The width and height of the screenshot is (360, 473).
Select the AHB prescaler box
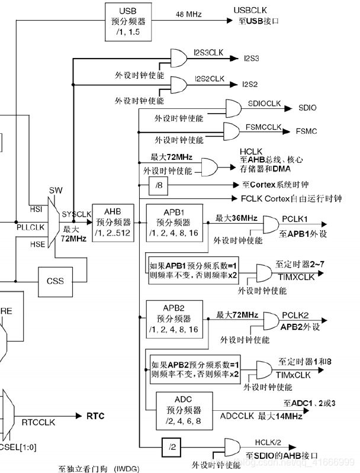pyautogui.click(x=112, y=221)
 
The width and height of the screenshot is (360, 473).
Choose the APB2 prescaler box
pyautogui.click(x=176, y=318)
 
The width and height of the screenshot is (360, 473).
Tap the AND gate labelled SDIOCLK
pyautogui.click(x=234, y=108)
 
